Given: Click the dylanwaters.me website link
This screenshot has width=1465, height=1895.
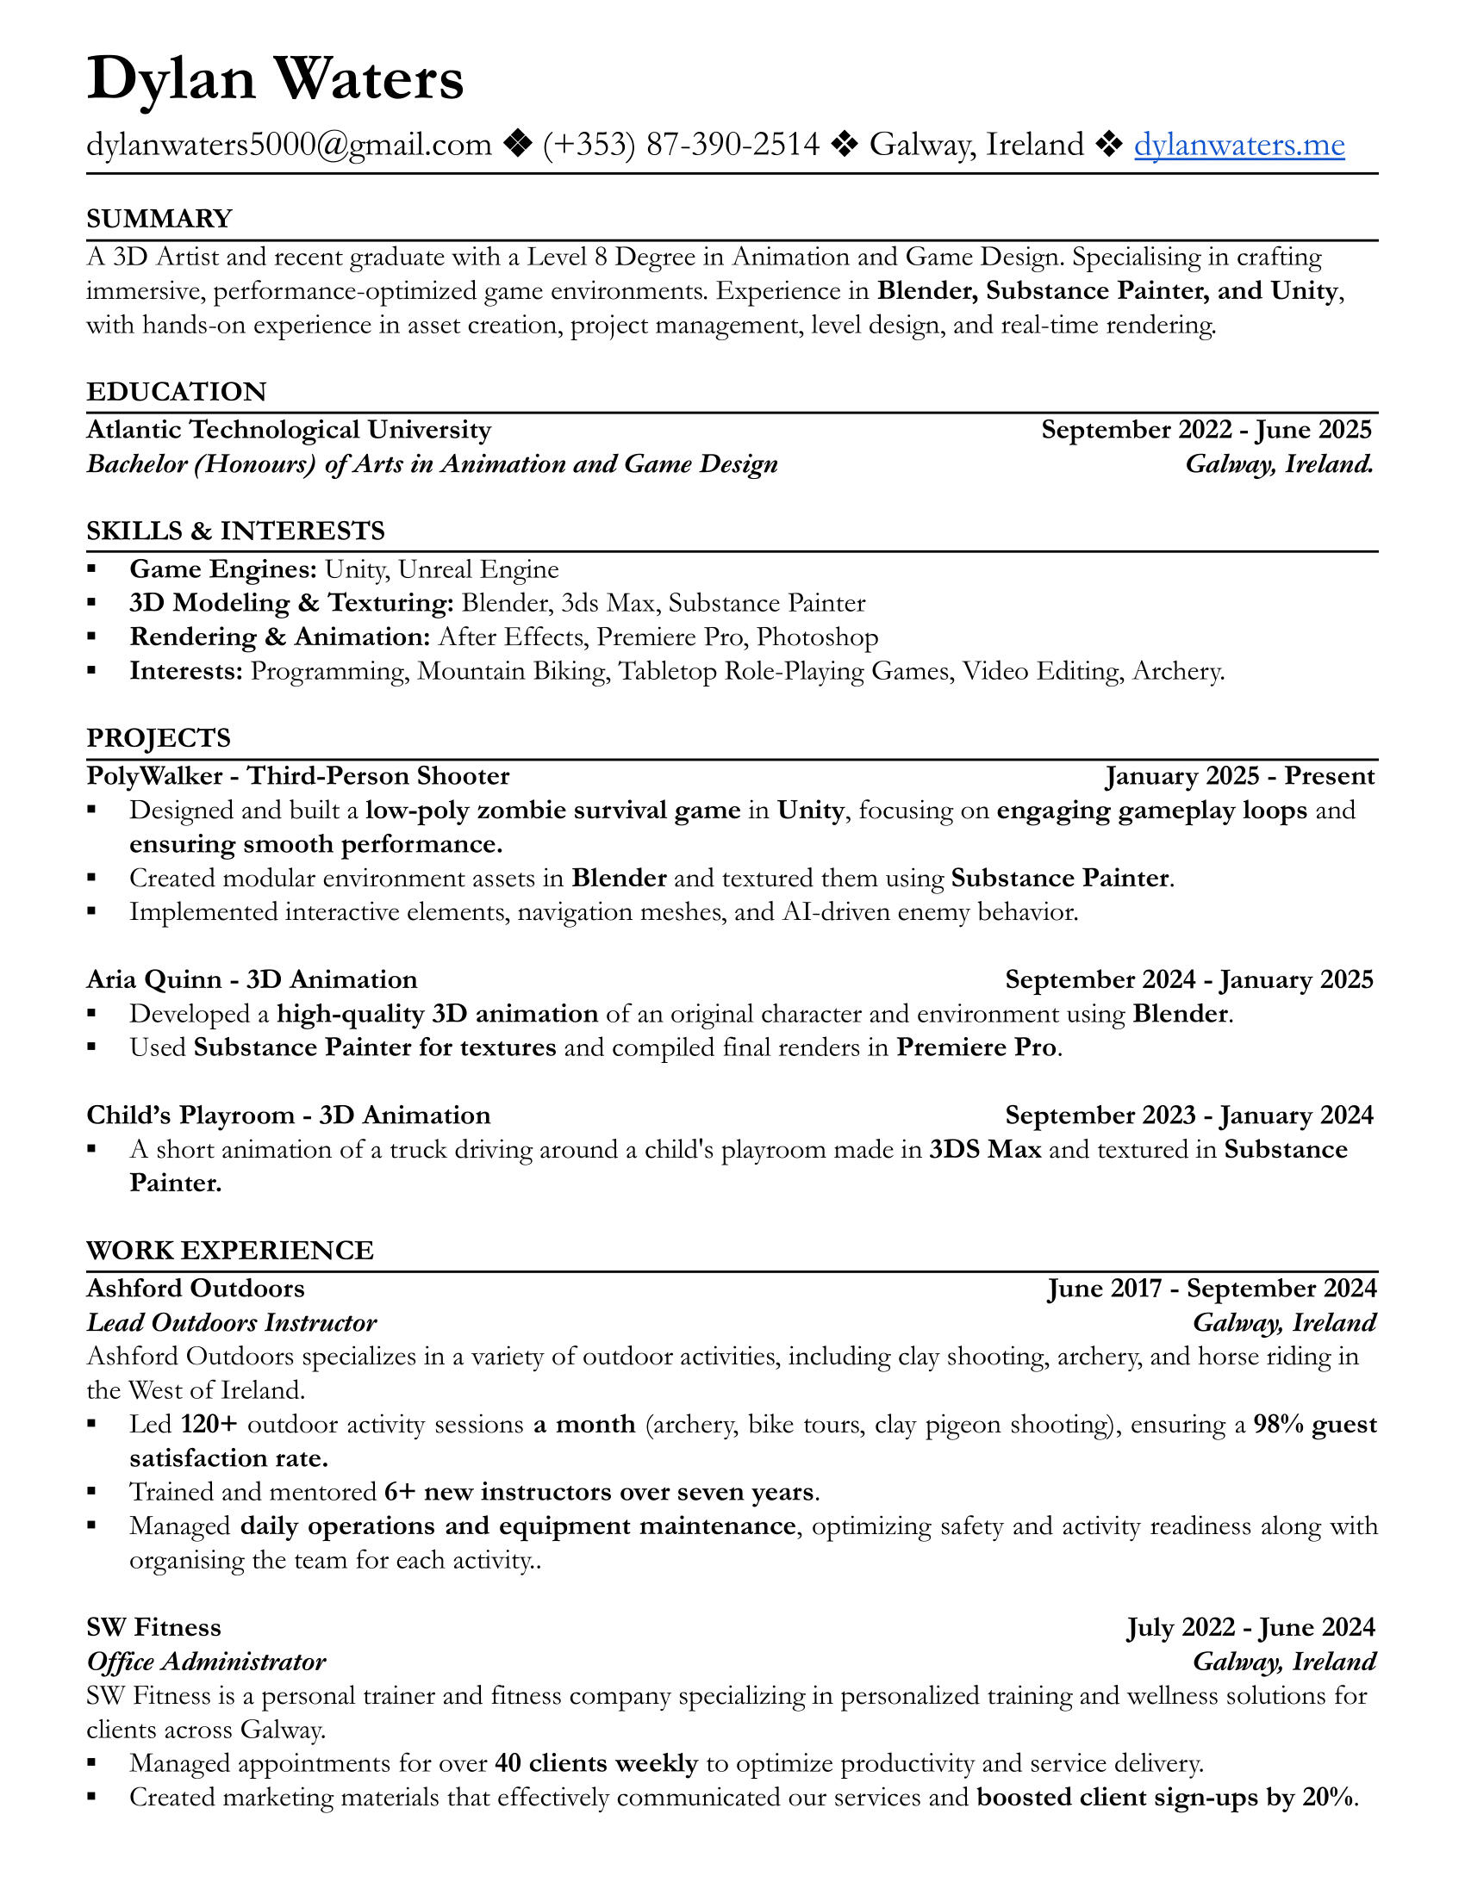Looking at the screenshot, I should tap(1238, 145).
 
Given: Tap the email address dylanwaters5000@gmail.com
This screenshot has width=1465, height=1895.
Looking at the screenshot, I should tap(289, 145).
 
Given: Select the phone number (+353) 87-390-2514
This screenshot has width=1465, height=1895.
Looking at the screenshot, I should tap(682, 145).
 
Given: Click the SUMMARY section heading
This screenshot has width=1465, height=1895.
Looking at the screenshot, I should tap(159, 219).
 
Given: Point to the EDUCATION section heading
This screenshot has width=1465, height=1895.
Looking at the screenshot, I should tap(176, 392).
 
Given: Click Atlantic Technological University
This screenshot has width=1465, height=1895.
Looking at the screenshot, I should tap(288, 431).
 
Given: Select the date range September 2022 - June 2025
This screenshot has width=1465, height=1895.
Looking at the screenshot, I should tap(1206, 431).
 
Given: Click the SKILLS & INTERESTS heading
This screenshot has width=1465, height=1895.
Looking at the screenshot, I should tap(235, 531).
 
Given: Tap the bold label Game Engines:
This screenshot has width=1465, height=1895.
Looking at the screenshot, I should tap(223, 569).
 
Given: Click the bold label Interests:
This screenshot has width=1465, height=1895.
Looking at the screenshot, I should tap(186, 671).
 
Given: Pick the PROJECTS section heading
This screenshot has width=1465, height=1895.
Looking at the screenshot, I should tap(158, 738).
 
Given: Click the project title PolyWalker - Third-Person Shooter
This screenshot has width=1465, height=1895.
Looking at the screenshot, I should tap(297, 776).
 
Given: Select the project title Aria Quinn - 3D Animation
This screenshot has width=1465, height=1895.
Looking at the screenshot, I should tap(252, 979).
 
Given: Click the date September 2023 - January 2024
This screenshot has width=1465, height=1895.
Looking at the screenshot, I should tap(1189, 1115).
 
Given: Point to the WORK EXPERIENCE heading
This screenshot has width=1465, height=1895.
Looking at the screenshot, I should tap(230, 1251).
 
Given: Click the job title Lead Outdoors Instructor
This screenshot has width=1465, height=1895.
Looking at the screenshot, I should tap(232, 1322).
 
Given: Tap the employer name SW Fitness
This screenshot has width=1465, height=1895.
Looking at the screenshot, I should tap(153, 1627).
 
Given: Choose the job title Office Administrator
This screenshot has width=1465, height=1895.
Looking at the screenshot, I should tap(207, 1662).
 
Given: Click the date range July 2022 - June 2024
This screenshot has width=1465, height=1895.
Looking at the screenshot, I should tap(1250, 1627).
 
